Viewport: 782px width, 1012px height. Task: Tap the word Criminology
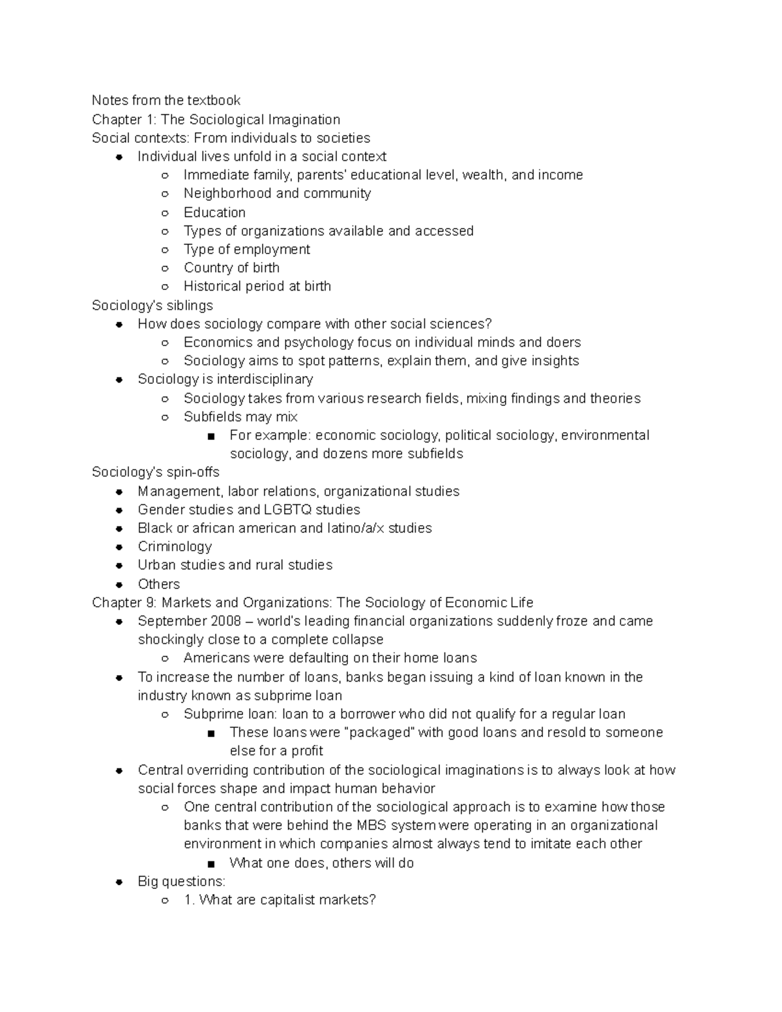(175, 546)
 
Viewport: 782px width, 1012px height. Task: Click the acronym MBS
(371, 825)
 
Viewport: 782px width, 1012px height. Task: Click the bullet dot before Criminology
(119, 547)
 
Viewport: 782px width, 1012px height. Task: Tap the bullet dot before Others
(119, 584)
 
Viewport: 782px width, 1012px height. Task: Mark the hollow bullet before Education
(166, 212)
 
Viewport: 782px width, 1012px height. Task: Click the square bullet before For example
(211, 436)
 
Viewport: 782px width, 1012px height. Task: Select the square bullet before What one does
(211, 863)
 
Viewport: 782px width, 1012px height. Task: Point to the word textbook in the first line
(214, 100)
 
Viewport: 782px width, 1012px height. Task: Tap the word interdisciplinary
(265, 379)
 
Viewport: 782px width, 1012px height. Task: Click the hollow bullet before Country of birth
(166, 268)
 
